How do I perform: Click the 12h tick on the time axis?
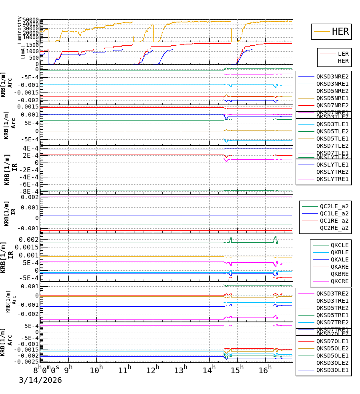pyautogui.click(x=154, y=369)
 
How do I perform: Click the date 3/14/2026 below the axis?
pyautogui.click(x=40, y=380)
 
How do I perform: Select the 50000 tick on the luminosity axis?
pyautogui.click(x=30, y=20)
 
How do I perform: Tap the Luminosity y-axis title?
pyautogui.click(x=20, y=30)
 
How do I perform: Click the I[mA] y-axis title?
pyautogui.click(x=23, y=52)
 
